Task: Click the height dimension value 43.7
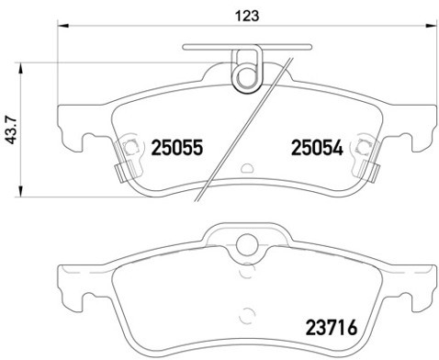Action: pos(11,129)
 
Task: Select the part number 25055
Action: pos(176,146)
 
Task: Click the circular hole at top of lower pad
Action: pos(247,244)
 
